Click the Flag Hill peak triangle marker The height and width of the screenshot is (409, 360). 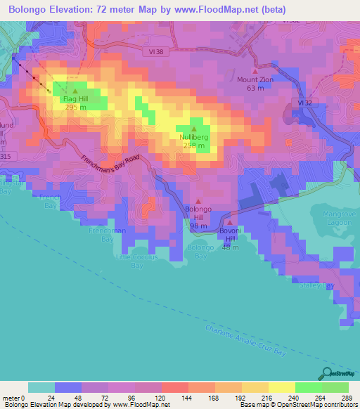click(75, 91)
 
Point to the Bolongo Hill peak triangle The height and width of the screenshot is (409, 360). click(198, 201)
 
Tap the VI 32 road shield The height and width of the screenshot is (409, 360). click(304, 103)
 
